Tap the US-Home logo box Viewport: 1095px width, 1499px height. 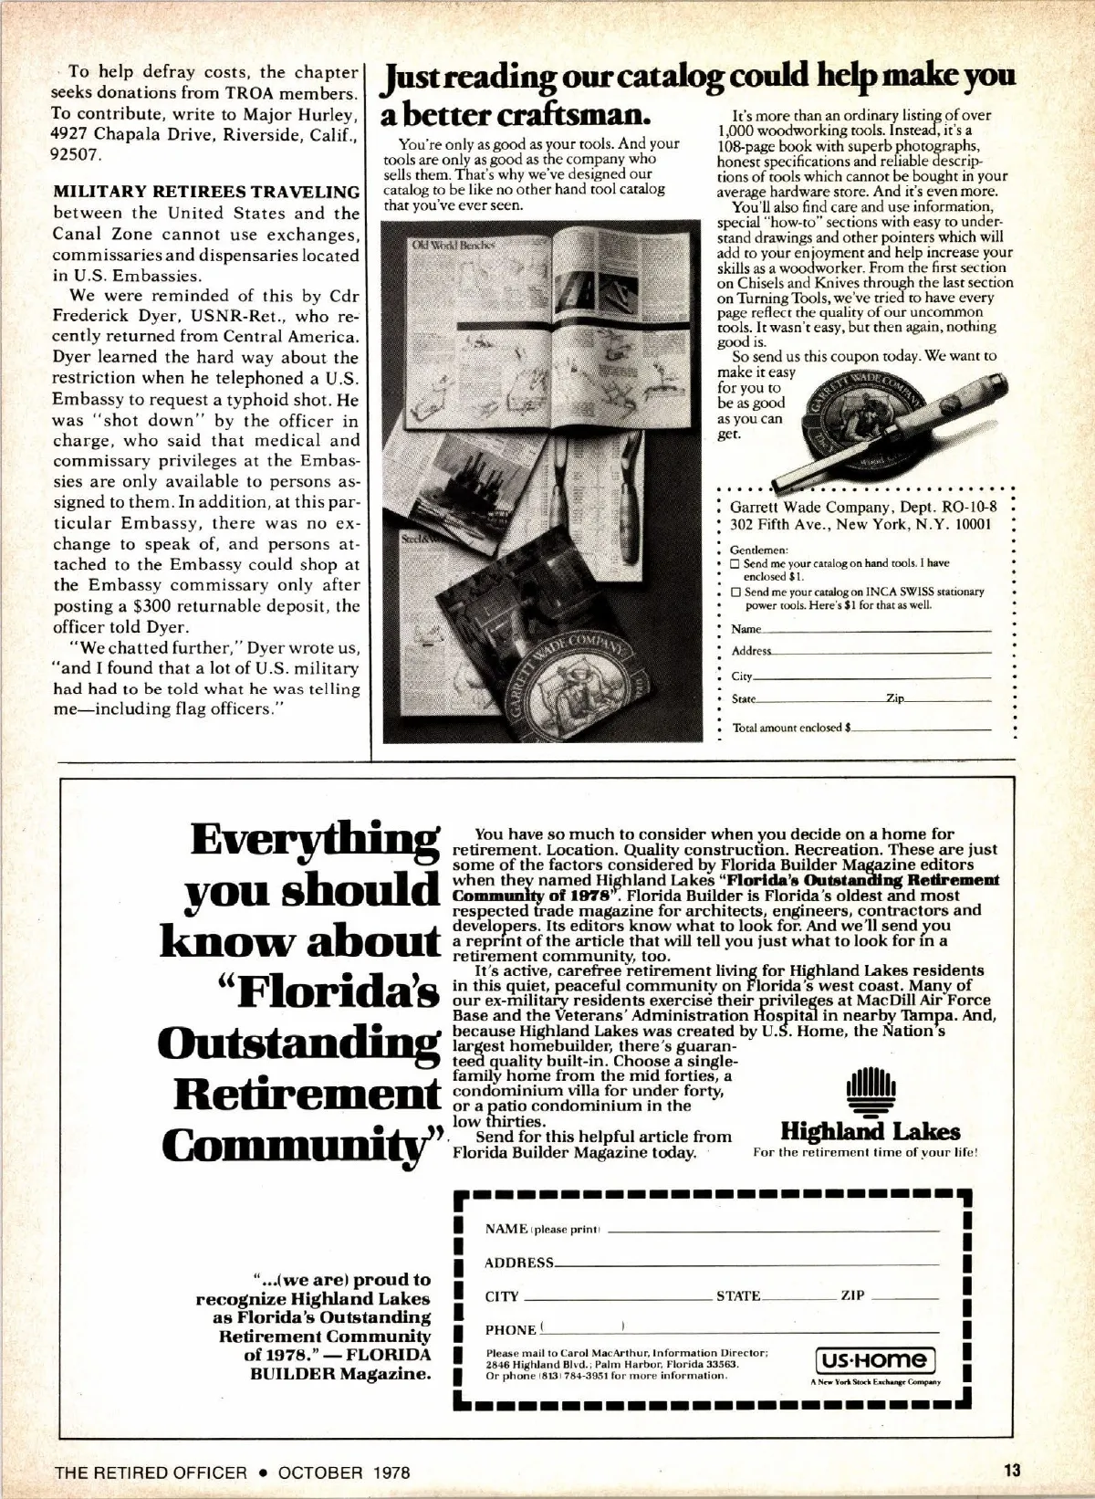874,1359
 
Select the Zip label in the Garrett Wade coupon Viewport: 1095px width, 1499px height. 894,698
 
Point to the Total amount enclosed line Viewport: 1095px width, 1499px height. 922,729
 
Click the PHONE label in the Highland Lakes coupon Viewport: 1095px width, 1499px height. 510,1330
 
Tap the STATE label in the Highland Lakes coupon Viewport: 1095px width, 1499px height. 737,1296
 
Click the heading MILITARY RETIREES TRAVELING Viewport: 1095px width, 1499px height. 206,192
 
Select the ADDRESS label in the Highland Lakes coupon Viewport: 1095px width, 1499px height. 518,1263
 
